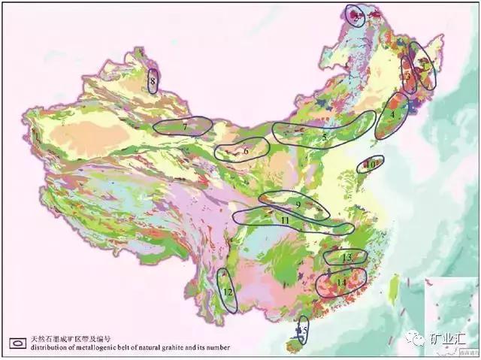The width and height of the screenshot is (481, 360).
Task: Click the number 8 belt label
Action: (153, 80)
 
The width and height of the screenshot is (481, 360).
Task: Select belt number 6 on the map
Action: (246, 151)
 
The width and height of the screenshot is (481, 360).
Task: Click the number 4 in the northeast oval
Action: (392, 115)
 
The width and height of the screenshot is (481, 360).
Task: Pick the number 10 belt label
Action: (371, 163)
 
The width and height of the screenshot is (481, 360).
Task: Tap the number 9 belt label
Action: (298, 204)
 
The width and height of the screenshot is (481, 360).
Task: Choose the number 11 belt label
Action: (285, 219)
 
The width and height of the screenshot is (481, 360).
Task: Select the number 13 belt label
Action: (346, 258)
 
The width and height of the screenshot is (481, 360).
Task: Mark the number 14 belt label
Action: (341, 282)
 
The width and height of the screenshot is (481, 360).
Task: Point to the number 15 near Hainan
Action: (304, 330)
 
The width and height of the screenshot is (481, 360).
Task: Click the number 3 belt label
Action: (407, 75)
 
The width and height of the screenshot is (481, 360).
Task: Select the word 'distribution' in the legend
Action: (46, 347)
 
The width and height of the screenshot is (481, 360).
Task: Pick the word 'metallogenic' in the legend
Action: (96, 347)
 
